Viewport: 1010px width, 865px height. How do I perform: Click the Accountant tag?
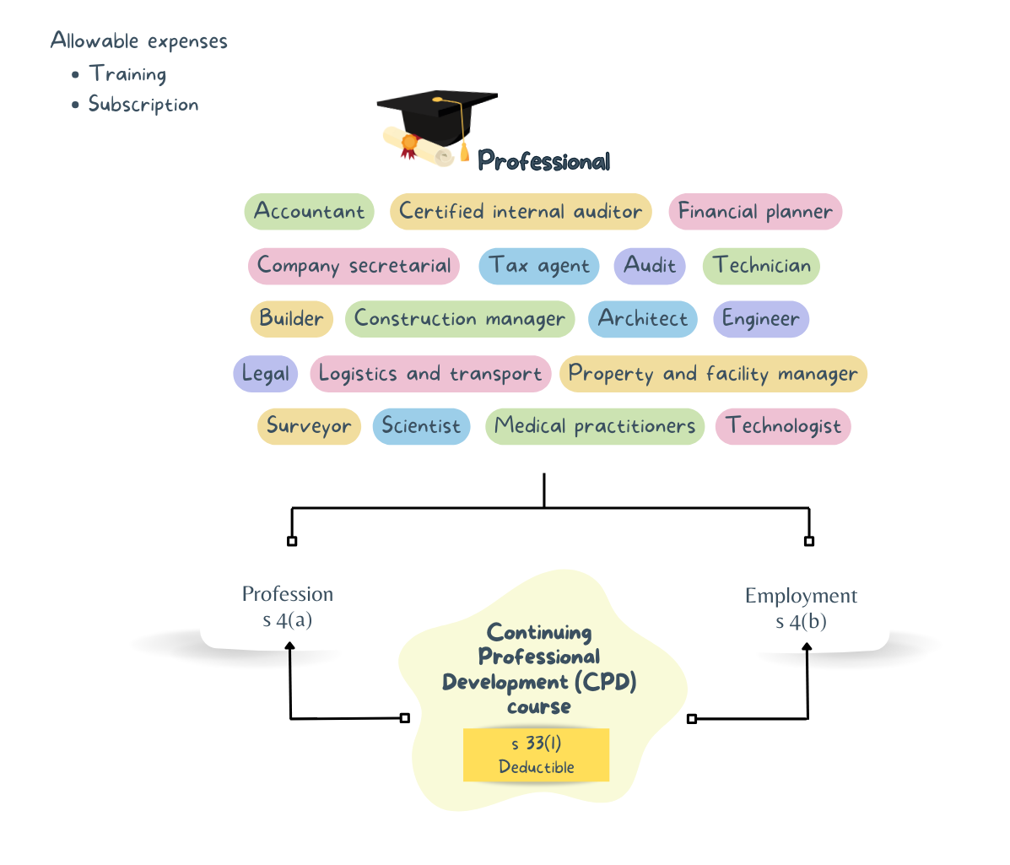(x=309, y=212)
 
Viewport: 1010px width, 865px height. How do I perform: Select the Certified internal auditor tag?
(x=521, y=212)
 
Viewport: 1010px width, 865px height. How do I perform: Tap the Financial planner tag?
(x=755, y=212)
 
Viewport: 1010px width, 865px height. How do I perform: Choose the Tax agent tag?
(x=539, y=266)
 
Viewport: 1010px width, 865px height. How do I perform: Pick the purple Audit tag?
(x=649, y=266)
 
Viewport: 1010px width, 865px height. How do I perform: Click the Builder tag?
(x=291, y=319)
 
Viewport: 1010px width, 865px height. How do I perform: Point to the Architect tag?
(x=643, y=319)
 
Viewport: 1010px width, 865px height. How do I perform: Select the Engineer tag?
(x=760, y=319)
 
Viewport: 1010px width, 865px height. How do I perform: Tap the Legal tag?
(x=265, y=374)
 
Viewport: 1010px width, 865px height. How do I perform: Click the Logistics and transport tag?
(x=430, y=374)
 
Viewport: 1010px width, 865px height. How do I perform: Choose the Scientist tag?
(x=421, y=426)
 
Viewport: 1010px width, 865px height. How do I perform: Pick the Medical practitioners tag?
(x=595, y=426)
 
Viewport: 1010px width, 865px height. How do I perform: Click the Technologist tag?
(x=783, y=426)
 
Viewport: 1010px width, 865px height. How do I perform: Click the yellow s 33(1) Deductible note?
(x=536, y=754)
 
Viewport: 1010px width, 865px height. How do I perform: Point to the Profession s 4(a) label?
(x=287, y=607)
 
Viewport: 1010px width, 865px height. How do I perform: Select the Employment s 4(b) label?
(x=801, y=608)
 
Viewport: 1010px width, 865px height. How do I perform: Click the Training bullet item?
(x=127, y=74)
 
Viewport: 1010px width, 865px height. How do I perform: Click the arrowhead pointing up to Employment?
(x=807, y=648)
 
